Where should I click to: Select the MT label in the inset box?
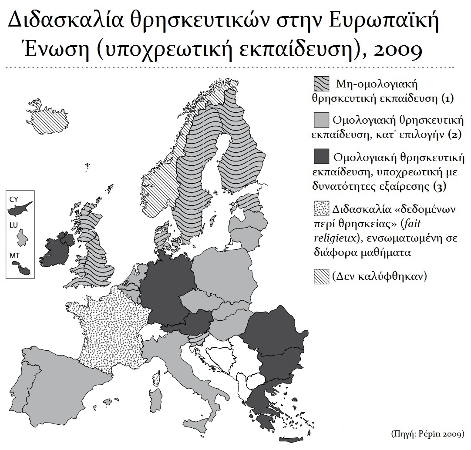coord(13,255)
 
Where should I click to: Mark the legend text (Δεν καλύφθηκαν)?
coord(377,276)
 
